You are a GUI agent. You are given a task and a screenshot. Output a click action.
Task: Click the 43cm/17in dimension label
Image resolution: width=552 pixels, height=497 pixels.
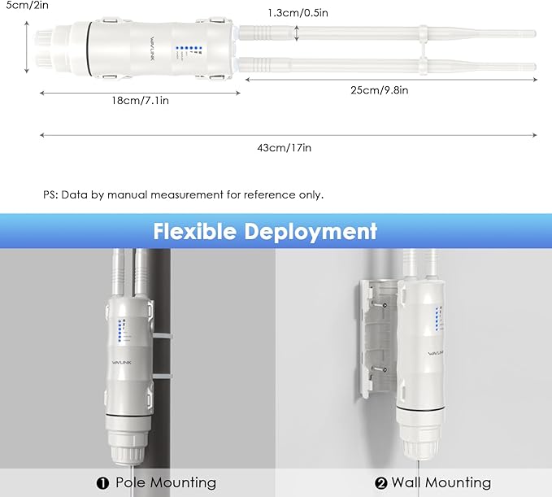click(x=284, y=147)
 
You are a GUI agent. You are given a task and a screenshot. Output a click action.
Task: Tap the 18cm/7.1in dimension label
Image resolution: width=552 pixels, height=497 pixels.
click(x=140, y=101)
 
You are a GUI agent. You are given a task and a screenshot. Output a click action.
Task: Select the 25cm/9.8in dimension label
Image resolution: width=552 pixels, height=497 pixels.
click(x=379, y=90)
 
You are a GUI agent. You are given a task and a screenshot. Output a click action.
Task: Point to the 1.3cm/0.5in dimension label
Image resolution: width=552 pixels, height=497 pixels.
click(x=298, y=13)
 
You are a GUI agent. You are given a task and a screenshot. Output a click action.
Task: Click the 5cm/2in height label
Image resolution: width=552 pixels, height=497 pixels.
click(x=26, y=5)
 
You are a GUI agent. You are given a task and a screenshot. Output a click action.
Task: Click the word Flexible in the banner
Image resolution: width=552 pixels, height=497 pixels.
click(x=194, y=231)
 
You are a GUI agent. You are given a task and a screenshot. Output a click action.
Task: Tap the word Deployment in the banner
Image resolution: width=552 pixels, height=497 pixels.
click(x=311, y=232)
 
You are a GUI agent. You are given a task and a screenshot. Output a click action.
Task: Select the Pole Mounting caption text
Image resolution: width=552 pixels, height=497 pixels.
click(x=166, y=482)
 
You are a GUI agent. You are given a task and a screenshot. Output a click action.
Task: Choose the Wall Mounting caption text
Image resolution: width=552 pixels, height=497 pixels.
click(x=441, y=482)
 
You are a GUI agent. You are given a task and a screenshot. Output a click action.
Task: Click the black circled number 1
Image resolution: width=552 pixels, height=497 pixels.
click(x=102, y=483)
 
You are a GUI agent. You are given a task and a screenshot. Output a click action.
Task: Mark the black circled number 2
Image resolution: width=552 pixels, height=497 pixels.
click(x=381, y=483)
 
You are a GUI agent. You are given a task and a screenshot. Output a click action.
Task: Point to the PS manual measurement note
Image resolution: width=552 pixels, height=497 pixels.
click(x=183, y=194)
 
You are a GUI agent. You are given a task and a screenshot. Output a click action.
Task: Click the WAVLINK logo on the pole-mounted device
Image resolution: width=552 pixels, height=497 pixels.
click(x=121, y=362)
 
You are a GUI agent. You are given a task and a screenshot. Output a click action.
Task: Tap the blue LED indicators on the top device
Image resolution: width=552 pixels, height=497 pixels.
click(x=189, y=47)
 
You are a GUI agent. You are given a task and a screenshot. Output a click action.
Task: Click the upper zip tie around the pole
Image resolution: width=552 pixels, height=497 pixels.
click(x=163, y=337)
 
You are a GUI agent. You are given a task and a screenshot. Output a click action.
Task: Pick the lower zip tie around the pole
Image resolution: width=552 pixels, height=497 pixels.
click(x=163, y=376)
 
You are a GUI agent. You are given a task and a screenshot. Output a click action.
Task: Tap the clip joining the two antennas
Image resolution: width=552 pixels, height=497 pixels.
click(x=423, y=50)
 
